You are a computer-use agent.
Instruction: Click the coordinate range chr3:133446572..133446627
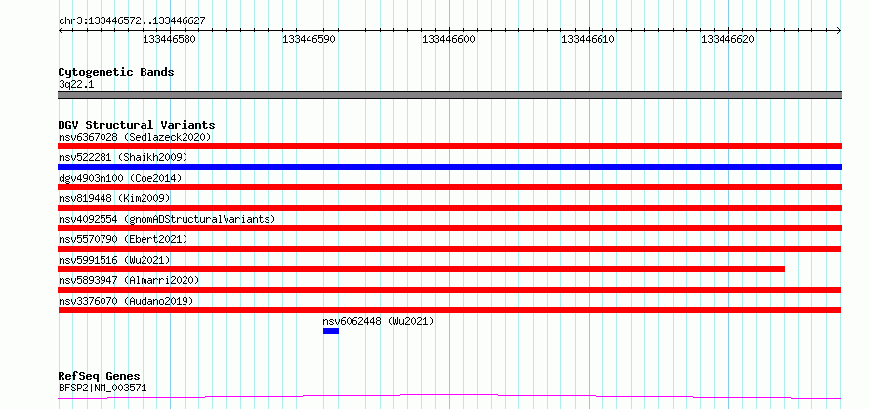click(x=132, y=21)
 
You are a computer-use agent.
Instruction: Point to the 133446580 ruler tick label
click(x=169, y=40)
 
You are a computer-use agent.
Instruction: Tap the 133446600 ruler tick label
click(x=448, y=40)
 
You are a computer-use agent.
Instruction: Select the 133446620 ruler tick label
click(x=727, y=40)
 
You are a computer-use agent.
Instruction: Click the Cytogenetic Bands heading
click(x=116, y=72)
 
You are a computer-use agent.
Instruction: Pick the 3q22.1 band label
click(x=76, y=85)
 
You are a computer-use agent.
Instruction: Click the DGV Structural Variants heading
click(x=137, y=125)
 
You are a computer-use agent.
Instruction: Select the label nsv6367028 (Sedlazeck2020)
click(x=135, y=137)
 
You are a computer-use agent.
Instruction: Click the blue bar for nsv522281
click(x=449, y=167)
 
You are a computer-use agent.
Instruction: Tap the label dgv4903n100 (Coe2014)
click(x=120, y=178)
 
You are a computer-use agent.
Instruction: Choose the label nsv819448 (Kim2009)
click(x=114, y=198)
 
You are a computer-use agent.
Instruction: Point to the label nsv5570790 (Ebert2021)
click(x=123, y=239)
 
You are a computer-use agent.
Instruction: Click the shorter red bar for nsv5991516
click(x=421, y=269)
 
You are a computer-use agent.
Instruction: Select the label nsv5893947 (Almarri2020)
click(x=129, y=280)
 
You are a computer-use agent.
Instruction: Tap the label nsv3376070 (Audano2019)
click(x=126, y=301)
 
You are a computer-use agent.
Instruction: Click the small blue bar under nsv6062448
click(x=331, y=331)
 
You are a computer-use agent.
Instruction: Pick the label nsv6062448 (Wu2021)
click(x=378, y=321)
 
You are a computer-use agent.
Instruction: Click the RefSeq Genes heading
click(x=100, y=377)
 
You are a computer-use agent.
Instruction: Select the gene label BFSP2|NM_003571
click(x=103, y=388)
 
